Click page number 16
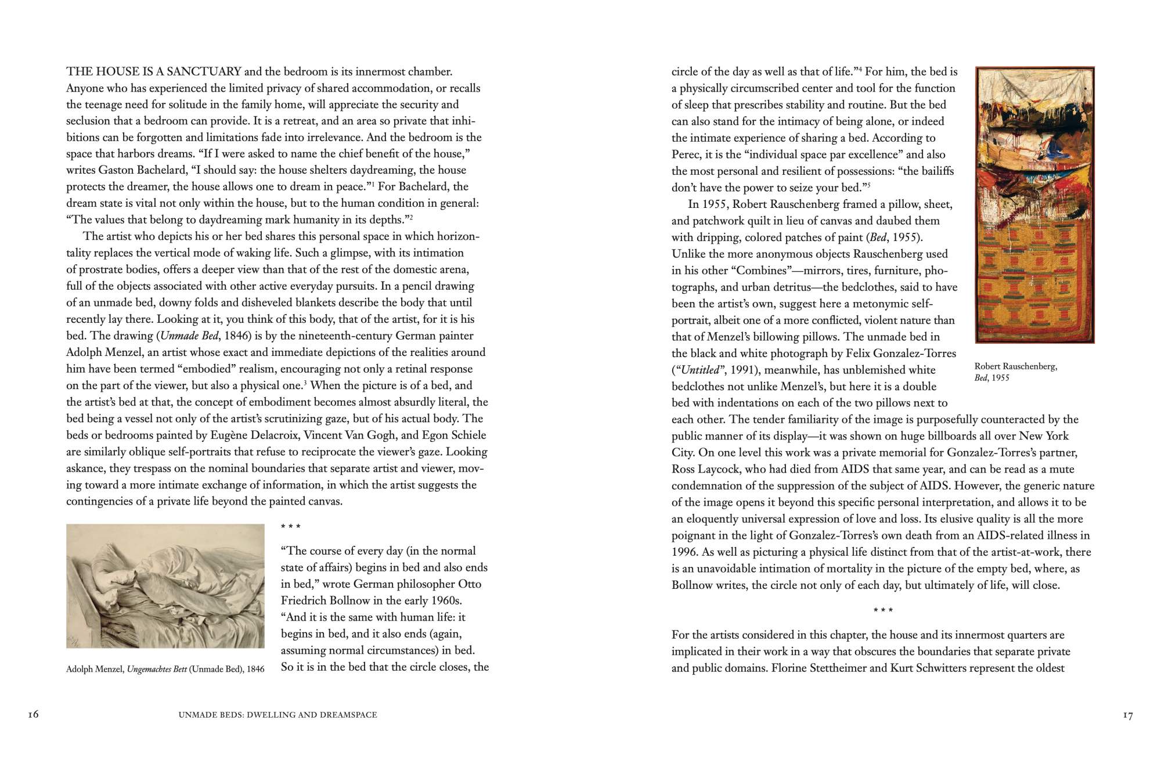[33, 715]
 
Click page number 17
[1127, 715]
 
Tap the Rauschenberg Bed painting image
[1035, 204]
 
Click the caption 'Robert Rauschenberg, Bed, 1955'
[1016, 372]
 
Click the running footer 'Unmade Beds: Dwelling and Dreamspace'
[278, 715]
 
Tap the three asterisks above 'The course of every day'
[290, 527]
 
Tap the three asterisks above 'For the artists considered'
[883, 610]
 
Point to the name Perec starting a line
[686, 155]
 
